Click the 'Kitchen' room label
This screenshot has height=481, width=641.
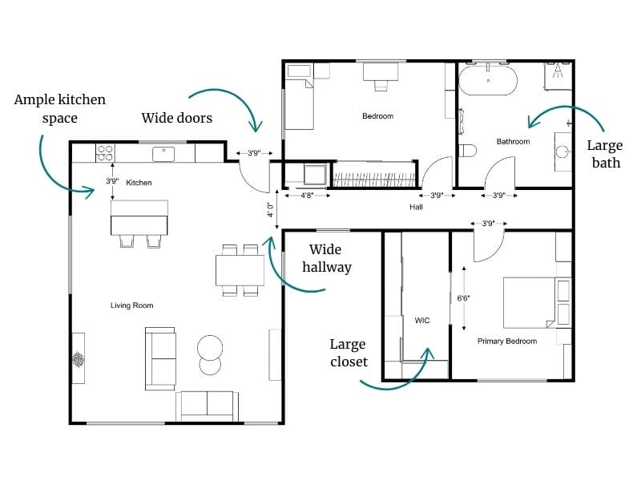click(x=139, y=183)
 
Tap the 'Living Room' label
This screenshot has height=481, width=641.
click(x=131, y=305)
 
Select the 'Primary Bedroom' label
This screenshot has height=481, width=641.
click(x=507, y=341)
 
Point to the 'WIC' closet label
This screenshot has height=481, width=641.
click(x=422, y=320)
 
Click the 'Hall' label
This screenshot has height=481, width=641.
click(x=416, y=207)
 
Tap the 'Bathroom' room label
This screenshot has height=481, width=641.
click(x=513, y=142)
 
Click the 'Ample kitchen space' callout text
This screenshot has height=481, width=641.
click(x=60, y=109)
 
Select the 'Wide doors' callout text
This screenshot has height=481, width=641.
click(x=177, y=118)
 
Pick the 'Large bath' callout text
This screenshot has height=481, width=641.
click(x=605, y=154)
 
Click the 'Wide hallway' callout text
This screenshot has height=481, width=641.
click(x=326, y=258)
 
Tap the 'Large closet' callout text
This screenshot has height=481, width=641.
click(x=349, y=353)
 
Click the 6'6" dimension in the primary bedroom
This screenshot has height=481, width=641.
click(x=463, y=298)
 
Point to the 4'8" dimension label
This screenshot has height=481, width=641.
click(x=307, y=195)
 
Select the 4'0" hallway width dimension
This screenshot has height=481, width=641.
click(x=271, y=210)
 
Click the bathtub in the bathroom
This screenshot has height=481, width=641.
click(x=488, y=81)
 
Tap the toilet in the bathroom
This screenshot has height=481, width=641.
click(x=468, y=150)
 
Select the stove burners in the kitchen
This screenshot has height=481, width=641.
click(x=105, y=152)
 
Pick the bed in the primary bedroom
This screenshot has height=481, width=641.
click(x=533, y=302)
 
